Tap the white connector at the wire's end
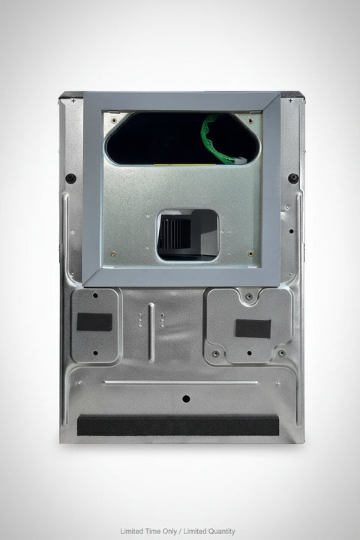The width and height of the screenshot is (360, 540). [241, 160]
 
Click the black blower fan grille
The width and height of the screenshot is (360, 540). [175, 232]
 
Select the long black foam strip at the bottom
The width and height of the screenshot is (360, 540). [178, 426]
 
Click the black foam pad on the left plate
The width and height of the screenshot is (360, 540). [94, 322]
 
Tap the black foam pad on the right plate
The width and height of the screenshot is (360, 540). [253, 328]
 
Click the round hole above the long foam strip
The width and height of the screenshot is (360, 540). [186, 399]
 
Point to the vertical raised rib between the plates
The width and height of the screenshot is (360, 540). [151, 332]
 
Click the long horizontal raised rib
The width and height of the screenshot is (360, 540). [181, 382]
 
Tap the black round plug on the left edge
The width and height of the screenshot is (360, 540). [70, 178]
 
